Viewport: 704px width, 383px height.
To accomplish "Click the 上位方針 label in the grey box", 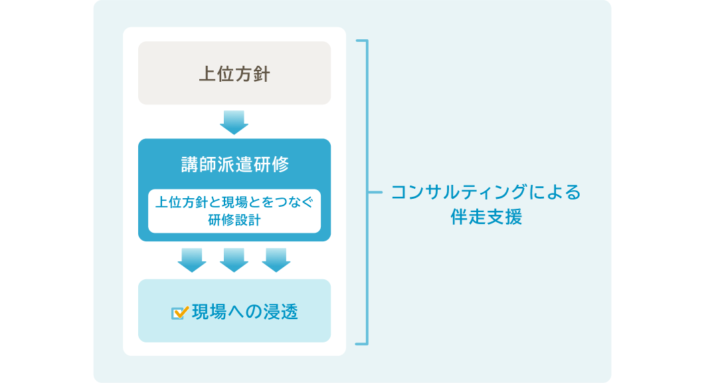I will click(234, 74).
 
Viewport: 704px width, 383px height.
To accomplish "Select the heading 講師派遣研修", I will click(234, 164).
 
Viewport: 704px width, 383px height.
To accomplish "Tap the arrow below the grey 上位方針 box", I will click(234, 122).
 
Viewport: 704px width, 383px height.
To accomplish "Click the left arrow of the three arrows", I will click(192, 260).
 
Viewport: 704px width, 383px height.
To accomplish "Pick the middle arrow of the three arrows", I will click(234, 260).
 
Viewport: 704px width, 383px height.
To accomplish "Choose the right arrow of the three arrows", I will click(276, 260).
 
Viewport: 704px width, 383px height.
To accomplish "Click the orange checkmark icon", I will click(180, 312).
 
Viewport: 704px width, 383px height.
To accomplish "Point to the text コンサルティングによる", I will click(485, 193).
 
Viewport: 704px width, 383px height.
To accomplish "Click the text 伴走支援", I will click(486, 217).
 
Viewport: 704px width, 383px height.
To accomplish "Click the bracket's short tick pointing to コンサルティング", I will click(376, 193).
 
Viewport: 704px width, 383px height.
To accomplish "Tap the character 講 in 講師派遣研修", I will click(190, 164).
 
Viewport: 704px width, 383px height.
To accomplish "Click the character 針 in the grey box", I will click(261, 74).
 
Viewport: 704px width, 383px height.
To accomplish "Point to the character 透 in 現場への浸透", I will click(289, 312).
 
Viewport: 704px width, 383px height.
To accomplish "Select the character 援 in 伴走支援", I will click(513, 217).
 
